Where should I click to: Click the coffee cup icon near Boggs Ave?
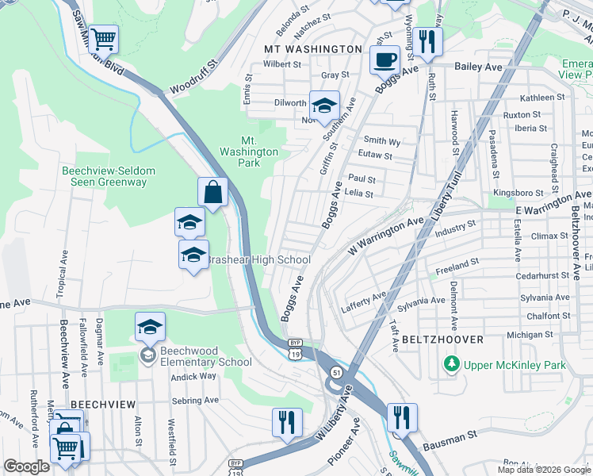pos(385,59)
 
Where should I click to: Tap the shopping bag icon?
pos(212,191)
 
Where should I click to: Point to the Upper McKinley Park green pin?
pos(451,364)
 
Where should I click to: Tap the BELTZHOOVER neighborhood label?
pos(442,339)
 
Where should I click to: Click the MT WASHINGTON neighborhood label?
pos(312,49)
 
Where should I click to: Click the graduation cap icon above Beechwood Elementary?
pos(150,326)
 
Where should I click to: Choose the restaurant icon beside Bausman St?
pos(402,417)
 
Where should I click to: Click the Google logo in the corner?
pos(26,466)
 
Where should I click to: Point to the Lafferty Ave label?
pos(363,297)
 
